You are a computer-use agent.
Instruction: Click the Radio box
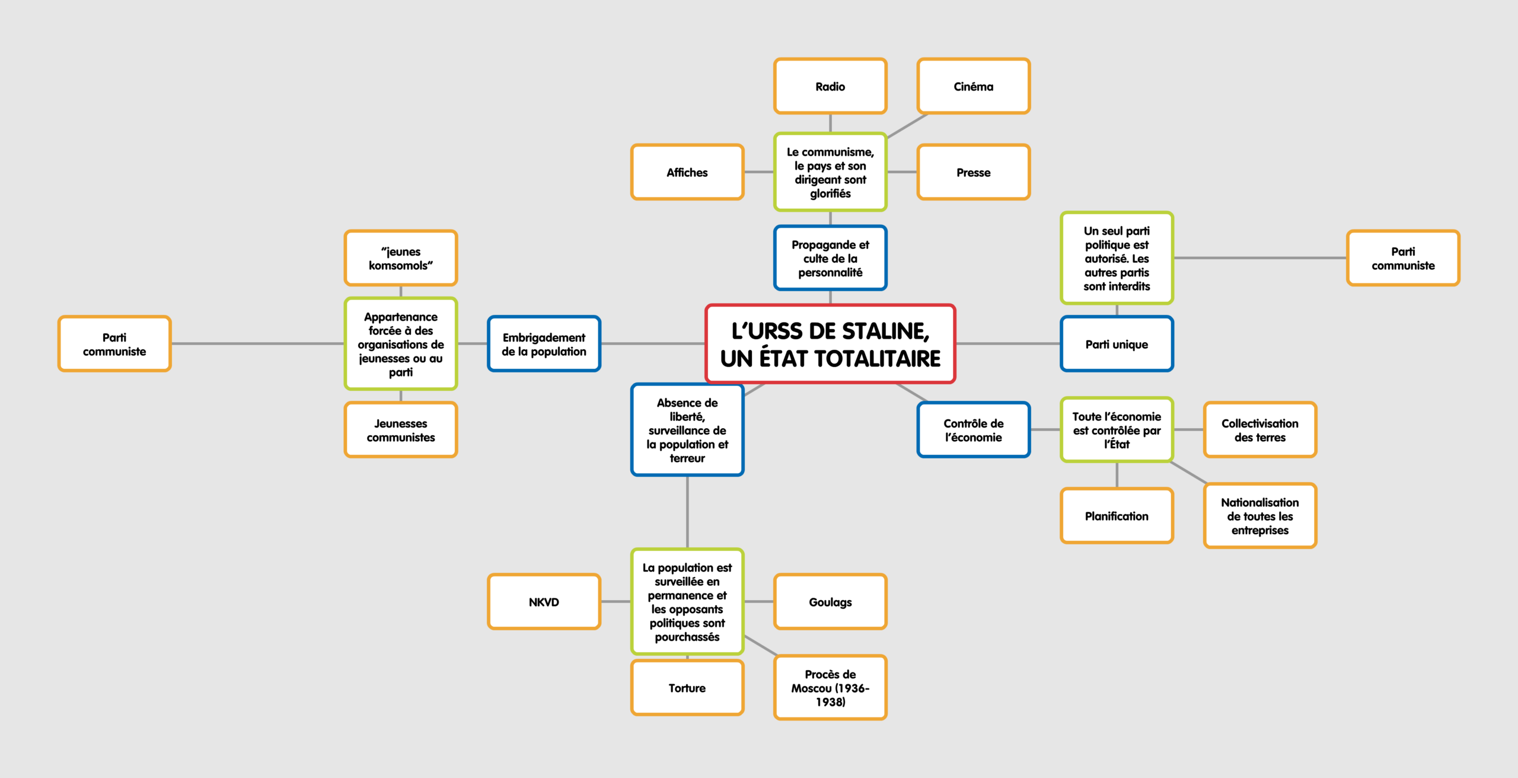click(830, 87)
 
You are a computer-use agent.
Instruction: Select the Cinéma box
click(973, 87)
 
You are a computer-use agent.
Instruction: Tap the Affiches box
click(687, 173)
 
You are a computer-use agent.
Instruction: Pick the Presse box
click(973, 173)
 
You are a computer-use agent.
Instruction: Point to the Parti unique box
click(1117, 345)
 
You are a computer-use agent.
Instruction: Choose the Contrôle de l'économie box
click(973, 431)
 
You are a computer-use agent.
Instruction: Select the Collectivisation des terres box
click(1259, 431)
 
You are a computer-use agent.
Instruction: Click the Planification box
click(1117, 516)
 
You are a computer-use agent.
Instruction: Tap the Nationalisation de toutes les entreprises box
click(1259, 516)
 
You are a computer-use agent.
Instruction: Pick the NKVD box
click(544, 602)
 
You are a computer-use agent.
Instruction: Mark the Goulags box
click(830, 602)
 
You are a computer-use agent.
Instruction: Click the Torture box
click(687, 688)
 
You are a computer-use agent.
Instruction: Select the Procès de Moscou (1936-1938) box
click(830, 688)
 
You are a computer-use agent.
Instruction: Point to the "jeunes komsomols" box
click(401, 259)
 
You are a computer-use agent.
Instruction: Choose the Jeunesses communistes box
click(401, 431)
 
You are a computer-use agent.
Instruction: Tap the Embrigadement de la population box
click(544, 345)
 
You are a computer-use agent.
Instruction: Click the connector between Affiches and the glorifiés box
click(758, 172)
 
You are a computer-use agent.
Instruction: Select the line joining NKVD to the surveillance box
click(616, 602)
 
